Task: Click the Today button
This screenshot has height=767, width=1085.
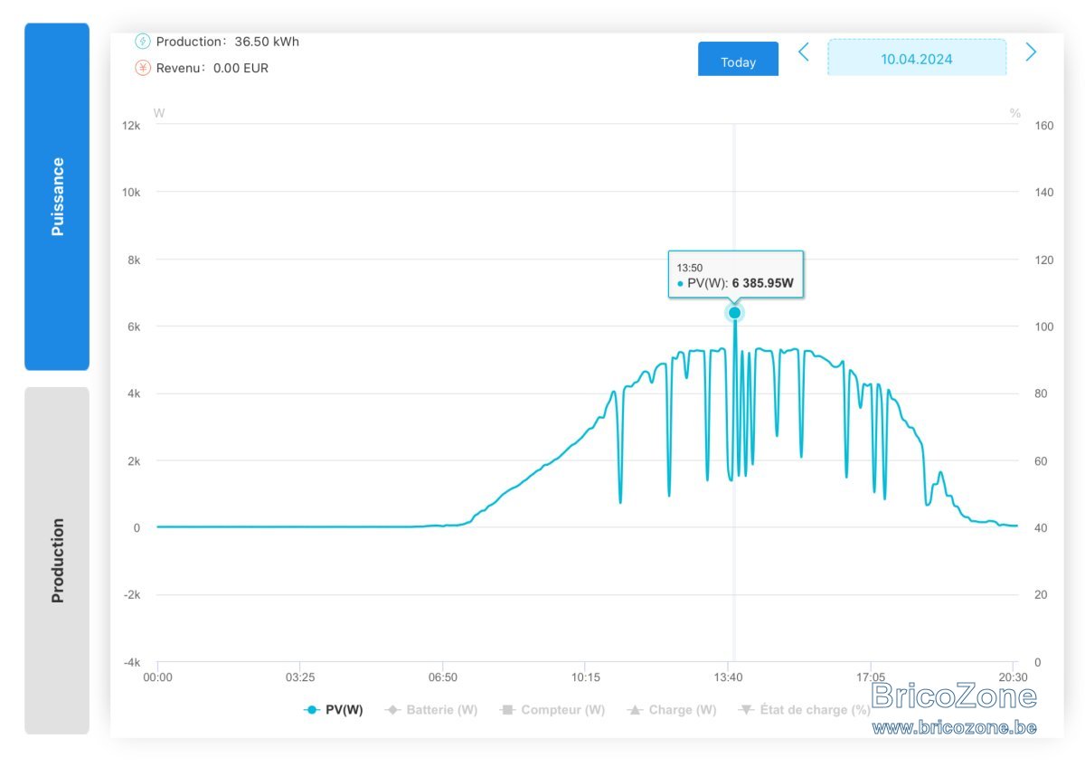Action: tap(738, 59)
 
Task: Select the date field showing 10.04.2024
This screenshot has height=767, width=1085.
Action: tap(917, 58)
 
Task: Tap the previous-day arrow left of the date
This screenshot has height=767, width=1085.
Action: tap(804, 52)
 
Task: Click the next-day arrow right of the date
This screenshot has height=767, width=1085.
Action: tap(1032, 52)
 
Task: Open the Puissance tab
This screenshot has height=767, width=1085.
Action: tap(57, 196)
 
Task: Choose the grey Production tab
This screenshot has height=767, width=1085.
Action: tap(57, 561)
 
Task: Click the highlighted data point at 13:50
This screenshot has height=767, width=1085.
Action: tap(734, 313)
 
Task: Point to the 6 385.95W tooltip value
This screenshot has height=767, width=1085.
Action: tap(762, 283)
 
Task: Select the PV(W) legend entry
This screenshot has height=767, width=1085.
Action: tap(334, 710)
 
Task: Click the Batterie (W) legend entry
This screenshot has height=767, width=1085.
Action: tap(431, 710)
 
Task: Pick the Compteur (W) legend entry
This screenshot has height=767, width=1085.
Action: tap(552, 710)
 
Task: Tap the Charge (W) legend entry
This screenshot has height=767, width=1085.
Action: tap(672, 710)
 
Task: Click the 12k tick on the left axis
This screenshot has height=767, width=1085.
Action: tap(131, 126)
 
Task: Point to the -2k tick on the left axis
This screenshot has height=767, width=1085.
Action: tap(131, 594)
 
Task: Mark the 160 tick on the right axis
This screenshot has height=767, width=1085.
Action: tap(1043, 126)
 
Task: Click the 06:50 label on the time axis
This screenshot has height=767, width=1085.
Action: tap(443, 677)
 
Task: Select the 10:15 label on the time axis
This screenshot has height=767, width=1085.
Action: tap(585, 677)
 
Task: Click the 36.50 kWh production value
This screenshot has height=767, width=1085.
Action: tap(267, 42)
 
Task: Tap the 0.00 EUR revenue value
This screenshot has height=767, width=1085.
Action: tap(241, 68)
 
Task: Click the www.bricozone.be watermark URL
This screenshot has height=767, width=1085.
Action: tap(954, 727)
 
